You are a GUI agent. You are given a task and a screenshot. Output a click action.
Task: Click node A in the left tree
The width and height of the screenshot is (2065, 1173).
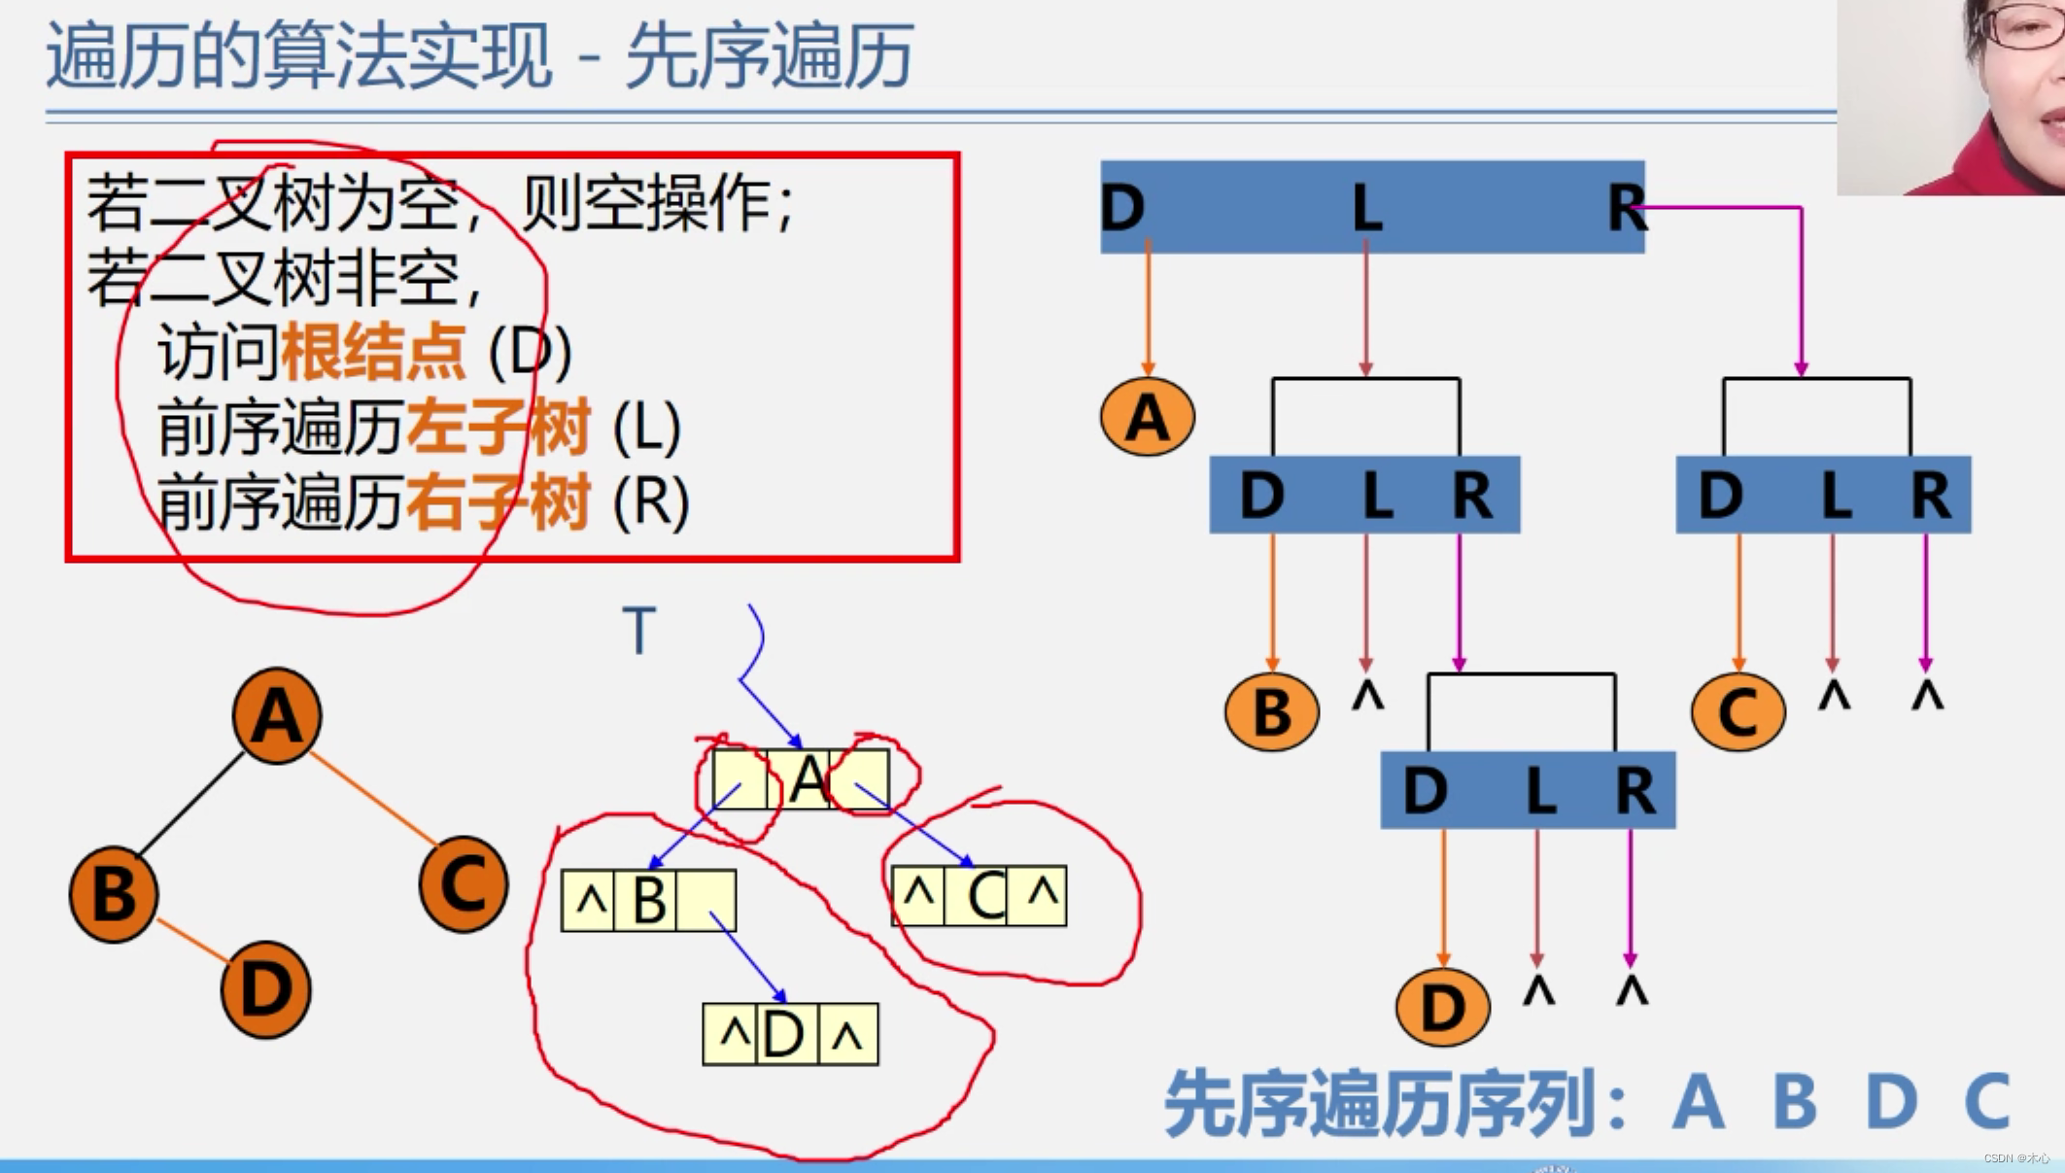277,716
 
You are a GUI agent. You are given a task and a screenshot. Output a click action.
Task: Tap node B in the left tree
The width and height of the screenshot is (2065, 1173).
114,894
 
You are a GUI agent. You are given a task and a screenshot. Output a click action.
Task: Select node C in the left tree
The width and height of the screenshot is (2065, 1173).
464,884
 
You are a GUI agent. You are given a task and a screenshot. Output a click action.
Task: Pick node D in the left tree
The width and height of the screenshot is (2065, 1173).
265,989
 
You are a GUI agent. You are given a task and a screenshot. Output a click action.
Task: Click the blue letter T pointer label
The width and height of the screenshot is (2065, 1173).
639,631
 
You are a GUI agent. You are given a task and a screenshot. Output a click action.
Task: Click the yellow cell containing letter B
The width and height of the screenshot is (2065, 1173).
648,901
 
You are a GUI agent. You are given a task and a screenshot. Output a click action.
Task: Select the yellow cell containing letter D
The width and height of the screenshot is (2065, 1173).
783,1035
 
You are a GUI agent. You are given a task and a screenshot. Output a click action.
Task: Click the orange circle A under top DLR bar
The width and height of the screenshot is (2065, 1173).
1148,418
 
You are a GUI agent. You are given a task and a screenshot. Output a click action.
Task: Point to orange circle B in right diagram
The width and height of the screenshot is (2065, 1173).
1271,712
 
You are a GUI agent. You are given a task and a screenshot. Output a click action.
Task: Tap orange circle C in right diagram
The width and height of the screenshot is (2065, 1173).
1738,712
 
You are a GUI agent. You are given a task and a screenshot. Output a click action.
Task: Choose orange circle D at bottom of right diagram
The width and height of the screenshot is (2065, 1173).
1442,1007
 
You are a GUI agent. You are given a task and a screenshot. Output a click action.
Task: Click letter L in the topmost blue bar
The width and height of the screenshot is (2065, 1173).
1367,208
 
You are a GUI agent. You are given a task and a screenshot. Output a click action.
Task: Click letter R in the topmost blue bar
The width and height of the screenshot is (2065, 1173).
1625,208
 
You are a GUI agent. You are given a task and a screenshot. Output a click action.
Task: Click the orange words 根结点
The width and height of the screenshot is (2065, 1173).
373,352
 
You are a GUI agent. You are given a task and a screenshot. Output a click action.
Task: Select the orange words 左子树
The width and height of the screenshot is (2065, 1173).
498,428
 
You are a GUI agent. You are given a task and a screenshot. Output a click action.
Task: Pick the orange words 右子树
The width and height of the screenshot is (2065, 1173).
498,502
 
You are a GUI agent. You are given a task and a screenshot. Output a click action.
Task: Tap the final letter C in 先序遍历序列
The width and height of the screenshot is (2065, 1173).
1986,1102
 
